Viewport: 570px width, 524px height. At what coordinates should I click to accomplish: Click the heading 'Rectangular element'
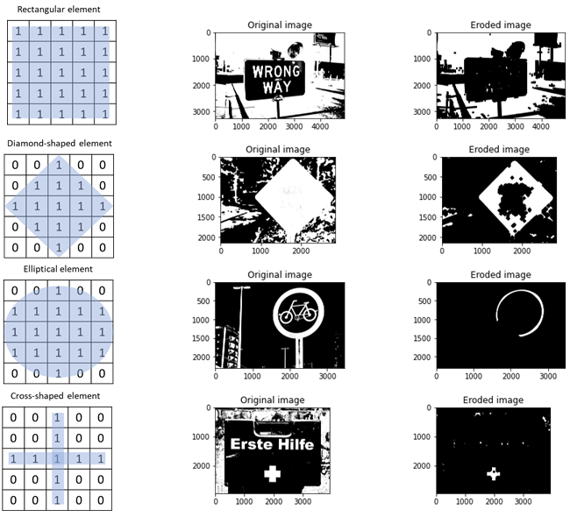pos(59,9)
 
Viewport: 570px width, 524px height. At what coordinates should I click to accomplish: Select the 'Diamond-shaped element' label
pos(59,143)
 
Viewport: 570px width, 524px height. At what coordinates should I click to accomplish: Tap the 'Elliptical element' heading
pos(59,269)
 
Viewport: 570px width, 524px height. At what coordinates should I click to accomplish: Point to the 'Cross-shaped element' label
pos(59,396)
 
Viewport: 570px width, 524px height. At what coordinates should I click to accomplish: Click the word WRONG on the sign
pos(274,71)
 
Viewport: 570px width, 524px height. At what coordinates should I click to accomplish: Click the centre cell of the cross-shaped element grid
pos(59,458)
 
